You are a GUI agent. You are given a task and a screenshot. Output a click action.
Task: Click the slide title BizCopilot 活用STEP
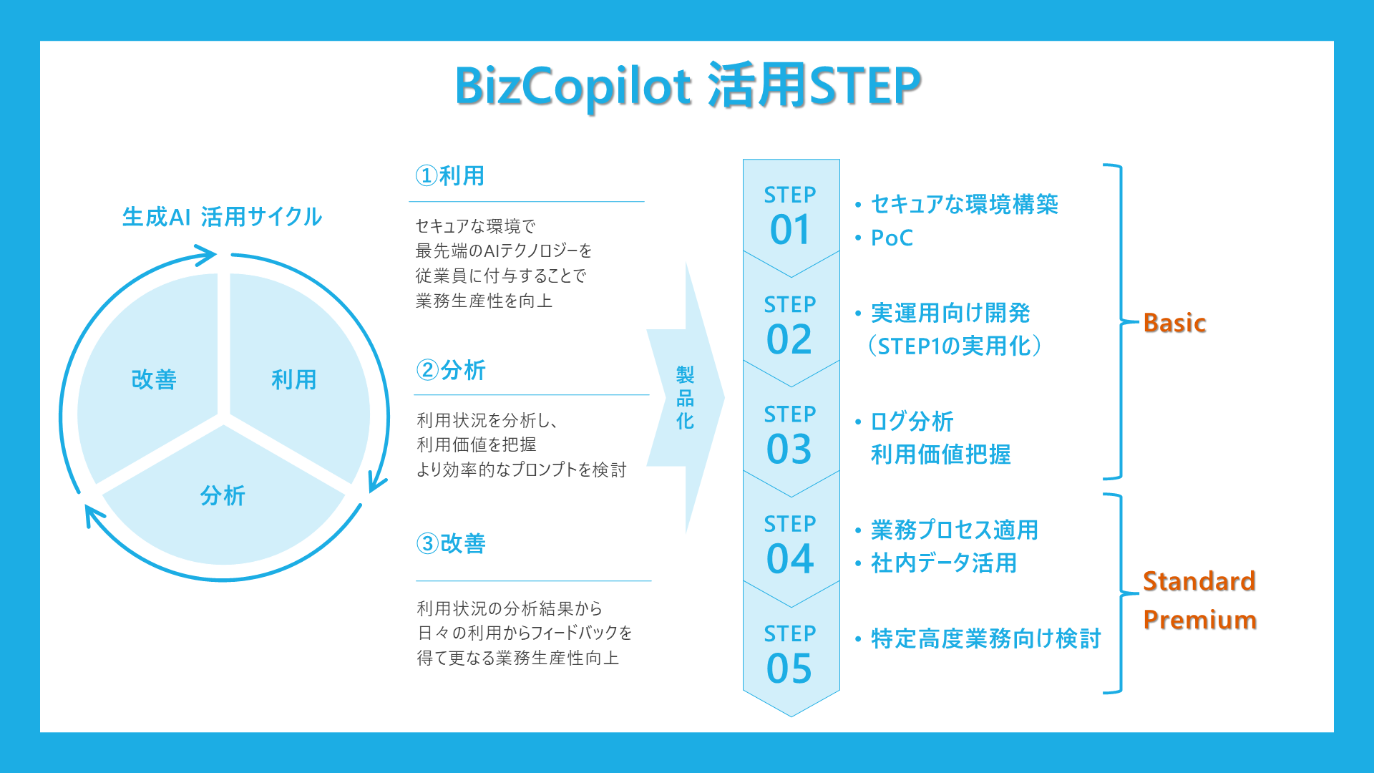pyautogui.click(x=688, y=86)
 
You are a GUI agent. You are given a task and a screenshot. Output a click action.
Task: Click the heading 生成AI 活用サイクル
pyautogui.click(x=222, y=217)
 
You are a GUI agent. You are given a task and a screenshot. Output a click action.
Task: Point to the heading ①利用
pyautogui.click(x=450, y=175)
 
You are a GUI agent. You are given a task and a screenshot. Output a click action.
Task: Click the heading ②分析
pyautogui.click(x=451, y=370)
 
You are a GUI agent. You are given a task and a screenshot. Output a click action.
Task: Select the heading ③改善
pyautogui.click(x=451, y=543)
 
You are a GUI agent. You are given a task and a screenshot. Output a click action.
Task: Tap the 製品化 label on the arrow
pyautogui.click(x=685, y=398)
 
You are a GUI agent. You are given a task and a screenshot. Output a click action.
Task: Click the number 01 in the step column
pyautogui.click(x=790, y=230)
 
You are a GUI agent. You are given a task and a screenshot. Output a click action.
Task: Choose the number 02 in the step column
pyautogui.click(x=789, y=339)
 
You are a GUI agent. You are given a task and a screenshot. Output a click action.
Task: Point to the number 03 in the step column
pyautogui.click(x=789, y=449)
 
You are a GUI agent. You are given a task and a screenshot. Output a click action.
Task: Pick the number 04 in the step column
pyautogui.click(x=790, y=559)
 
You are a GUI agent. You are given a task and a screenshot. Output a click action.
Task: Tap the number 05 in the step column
pyautogui.click(x=789, y=669)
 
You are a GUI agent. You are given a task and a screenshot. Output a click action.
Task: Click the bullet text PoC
pyautogui.click(x=892, y=238)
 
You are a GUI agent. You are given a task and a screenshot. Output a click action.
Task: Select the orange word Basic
pyautogui.click(x=1174, y=323)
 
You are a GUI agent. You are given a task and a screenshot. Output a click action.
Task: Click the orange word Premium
pyautogui.click(x=1200, y=620)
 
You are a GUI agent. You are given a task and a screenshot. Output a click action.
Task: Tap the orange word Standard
pyautogui.click(x=1199, y=581)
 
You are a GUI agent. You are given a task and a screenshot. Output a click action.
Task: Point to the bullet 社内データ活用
pyautogui.click(x=943, y=563)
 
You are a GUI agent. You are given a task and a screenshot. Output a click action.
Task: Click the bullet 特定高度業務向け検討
pyautogui.click(x=985, y=638)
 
